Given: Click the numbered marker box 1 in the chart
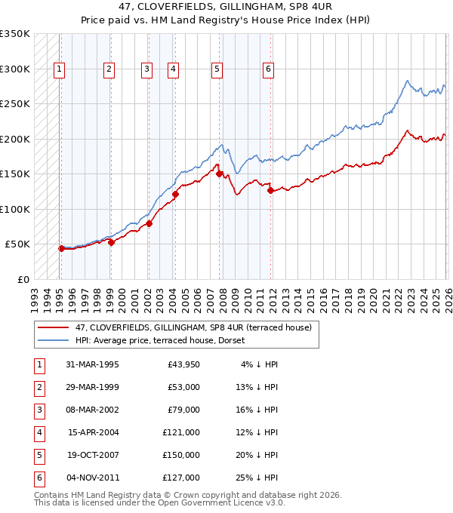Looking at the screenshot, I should tap(59, 69).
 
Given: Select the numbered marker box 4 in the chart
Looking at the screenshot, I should tap(173, 69).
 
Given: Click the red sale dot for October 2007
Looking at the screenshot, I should tap(220, 174).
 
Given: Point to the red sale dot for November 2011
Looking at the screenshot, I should tap(270, 190).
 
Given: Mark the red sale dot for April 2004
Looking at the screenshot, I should tap(175, 194).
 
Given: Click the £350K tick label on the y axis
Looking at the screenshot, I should tap(15, 34).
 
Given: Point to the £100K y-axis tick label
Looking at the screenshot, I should tap(15, 209).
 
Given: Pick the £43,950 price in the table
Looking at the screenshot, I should tap(182, 364).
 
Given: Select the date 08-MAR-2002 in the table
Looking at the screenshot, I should tap(92, 410).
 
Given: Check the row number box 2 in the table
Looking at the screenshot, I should tap(39, 387).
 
